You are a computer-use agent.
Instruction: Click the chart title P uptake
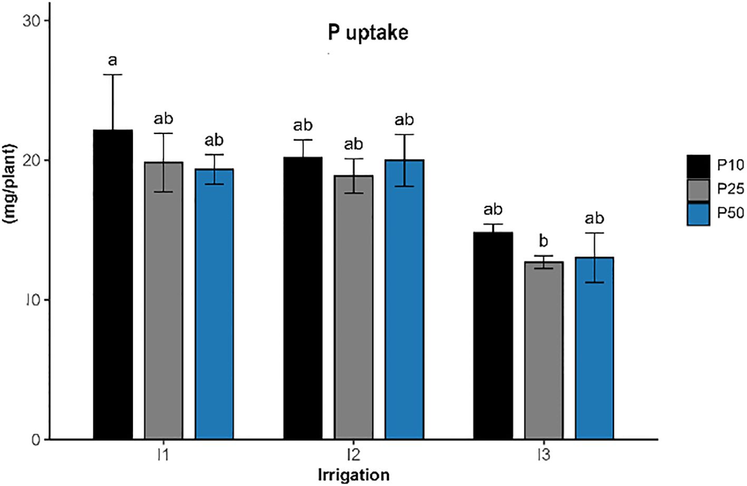pos(367,33)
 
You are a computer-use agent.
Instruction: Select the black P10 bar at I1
pos(113,284)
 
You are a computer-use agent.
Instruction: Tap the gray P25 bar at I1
pos(163,300)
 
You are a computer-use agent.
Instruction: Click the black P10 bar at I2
pos(303,297)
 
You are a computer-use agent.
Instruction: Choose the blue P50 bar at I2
pos(404,299)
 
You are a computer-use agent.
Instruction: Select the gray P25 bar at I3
pos(544,350)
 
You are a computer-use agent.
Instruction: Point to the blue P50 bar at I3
pos(594,348)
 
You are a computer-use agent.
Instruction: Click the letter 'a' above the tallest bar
pos(112,61)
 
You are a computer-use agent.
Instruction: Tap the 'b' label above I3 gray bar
pos(543,241)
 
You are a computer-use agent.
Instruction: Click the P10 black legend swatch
pos(699,166)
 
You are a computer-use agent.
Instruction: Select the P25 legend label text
pos(730,189)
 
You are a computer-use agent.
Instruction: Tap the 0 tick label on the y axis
pos(35,440)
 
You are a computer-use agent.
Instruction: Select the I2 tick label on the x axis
pos(353,454)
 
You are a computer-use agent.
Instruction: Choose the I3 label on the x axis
pos(544,454)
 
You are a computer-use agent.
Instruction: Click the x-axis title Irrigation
pos(353,474)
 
